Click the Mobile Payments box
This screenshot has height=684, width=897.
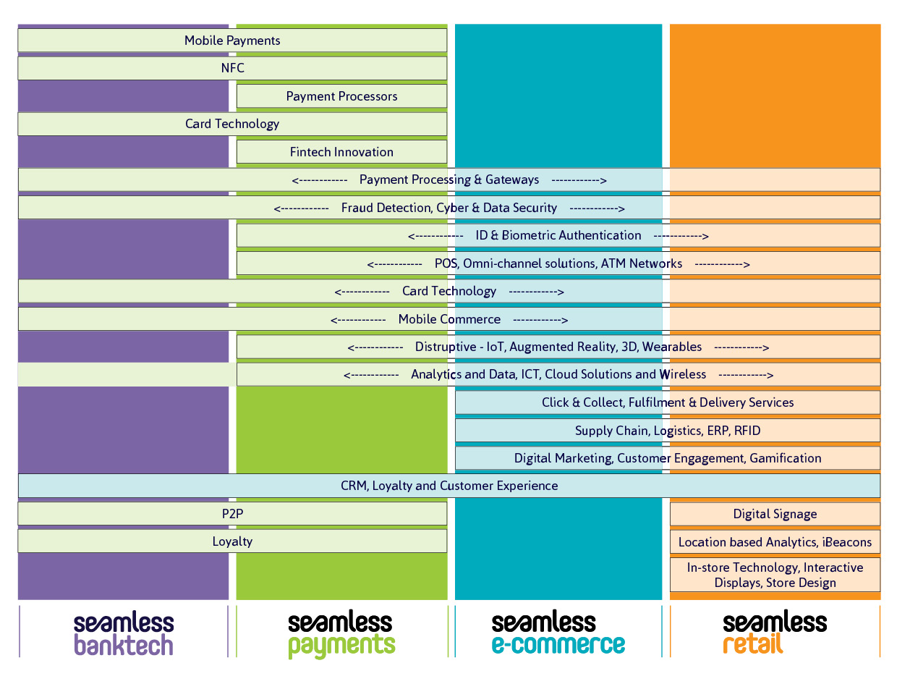[x=232, y=41]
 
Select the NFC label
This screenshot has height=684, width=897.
[x=232, y=69]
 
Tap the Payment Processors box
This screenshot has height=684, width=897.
[x=341, y=96]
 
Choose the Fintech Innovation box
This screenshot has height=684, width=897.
[x=341, y=152]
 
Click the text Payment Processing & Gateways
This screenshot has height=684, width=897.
[x=449, y=180]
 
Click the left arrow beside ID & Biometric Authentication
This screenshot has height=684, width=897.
[x=435, y=236]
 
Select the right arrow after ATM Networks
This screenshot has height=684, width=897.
[x=722, y=264]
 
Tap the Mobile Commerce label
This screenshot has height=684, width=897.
[x=449, y=319]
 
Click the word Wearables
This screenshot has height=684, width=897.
[x=672, y=347]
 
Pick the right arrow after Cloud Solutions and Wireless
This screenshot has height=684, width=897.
[x=746, y=375]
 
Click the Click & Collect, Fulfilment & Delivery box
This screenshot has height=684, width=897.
[x=668, y=402]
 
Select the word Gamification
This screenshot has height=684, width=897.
[x=786, y=458]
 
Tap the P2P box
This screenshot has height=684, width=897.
[x=232, y=514]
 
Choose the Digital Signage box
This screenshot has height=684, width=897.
[x=775, y=514]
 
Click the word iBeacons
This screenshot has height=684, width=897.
[x=847, y=542]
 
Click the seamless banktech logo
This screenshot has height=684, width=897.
[x=124, y=633]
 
